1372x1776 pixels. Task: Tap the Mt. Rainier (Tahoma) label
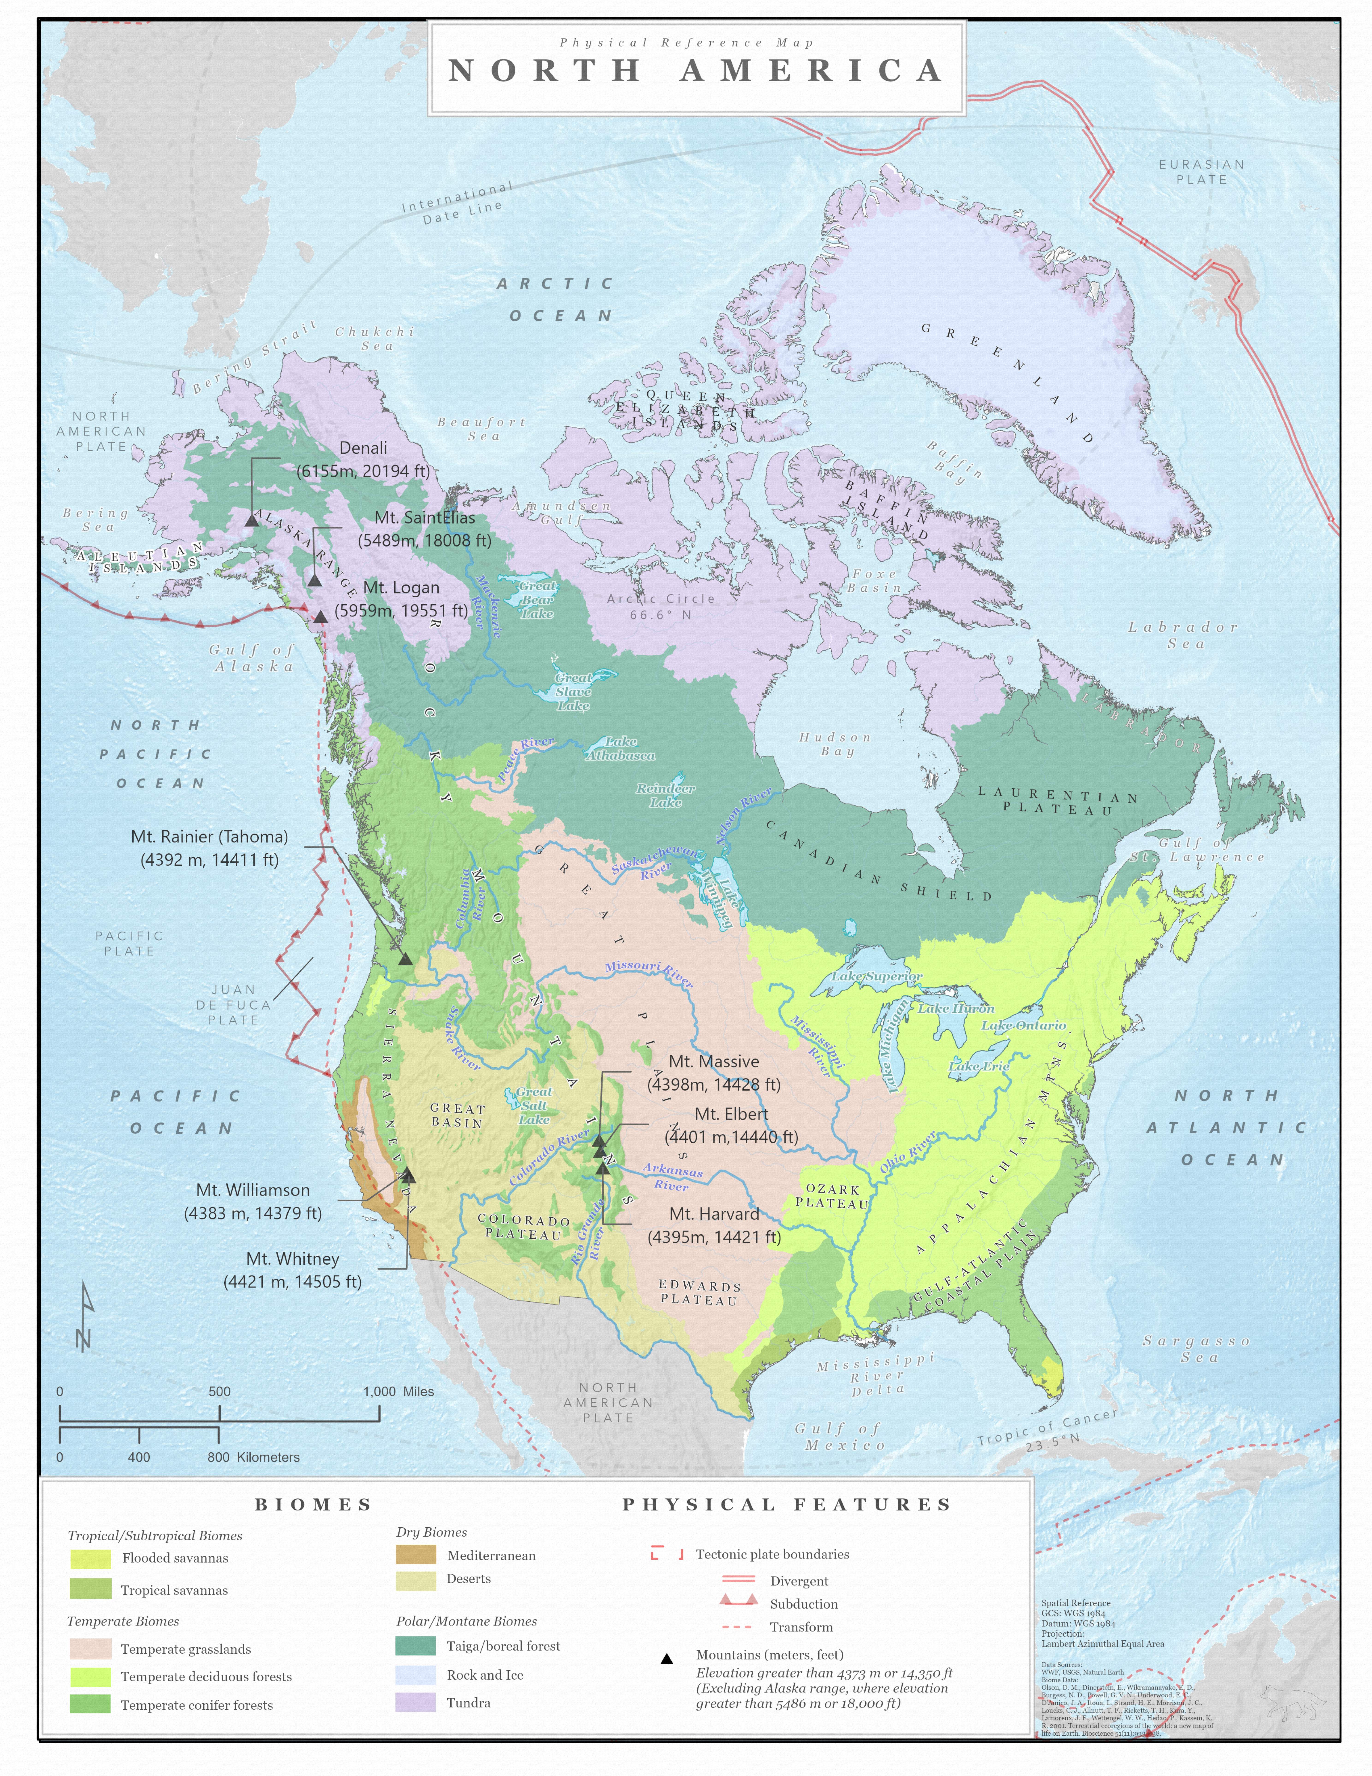pos(210,847)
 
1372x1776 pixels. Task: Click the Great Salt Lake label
pos(534,1105)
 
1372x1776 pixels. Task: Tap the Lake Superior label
pos(877,976)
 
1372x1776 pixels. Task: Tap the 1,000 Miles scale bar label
pos(398,1391)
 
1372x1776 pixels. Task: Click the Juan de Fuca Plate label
pos(233,1005)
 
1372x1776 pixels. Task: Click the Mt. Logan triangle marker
pos(321,617)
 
